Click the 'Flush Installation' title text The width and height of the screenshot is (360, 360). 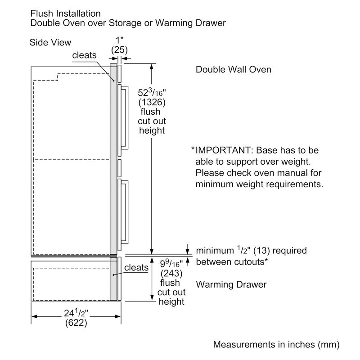pos(65,13)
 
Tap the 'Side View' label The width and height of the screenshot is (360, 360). pos(50,42)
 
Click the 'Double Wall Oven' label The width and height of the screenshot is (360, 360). pos(233,70)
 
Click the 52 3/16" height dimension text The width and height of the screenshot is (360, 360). pos(152,93)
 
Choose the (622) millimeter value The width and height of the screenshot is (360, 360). pos(76,323)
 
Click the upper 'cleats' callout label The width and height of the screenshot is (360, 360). pos(84,55)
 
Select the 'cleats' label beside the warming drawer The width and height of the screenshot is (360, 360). pos(136,268)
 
